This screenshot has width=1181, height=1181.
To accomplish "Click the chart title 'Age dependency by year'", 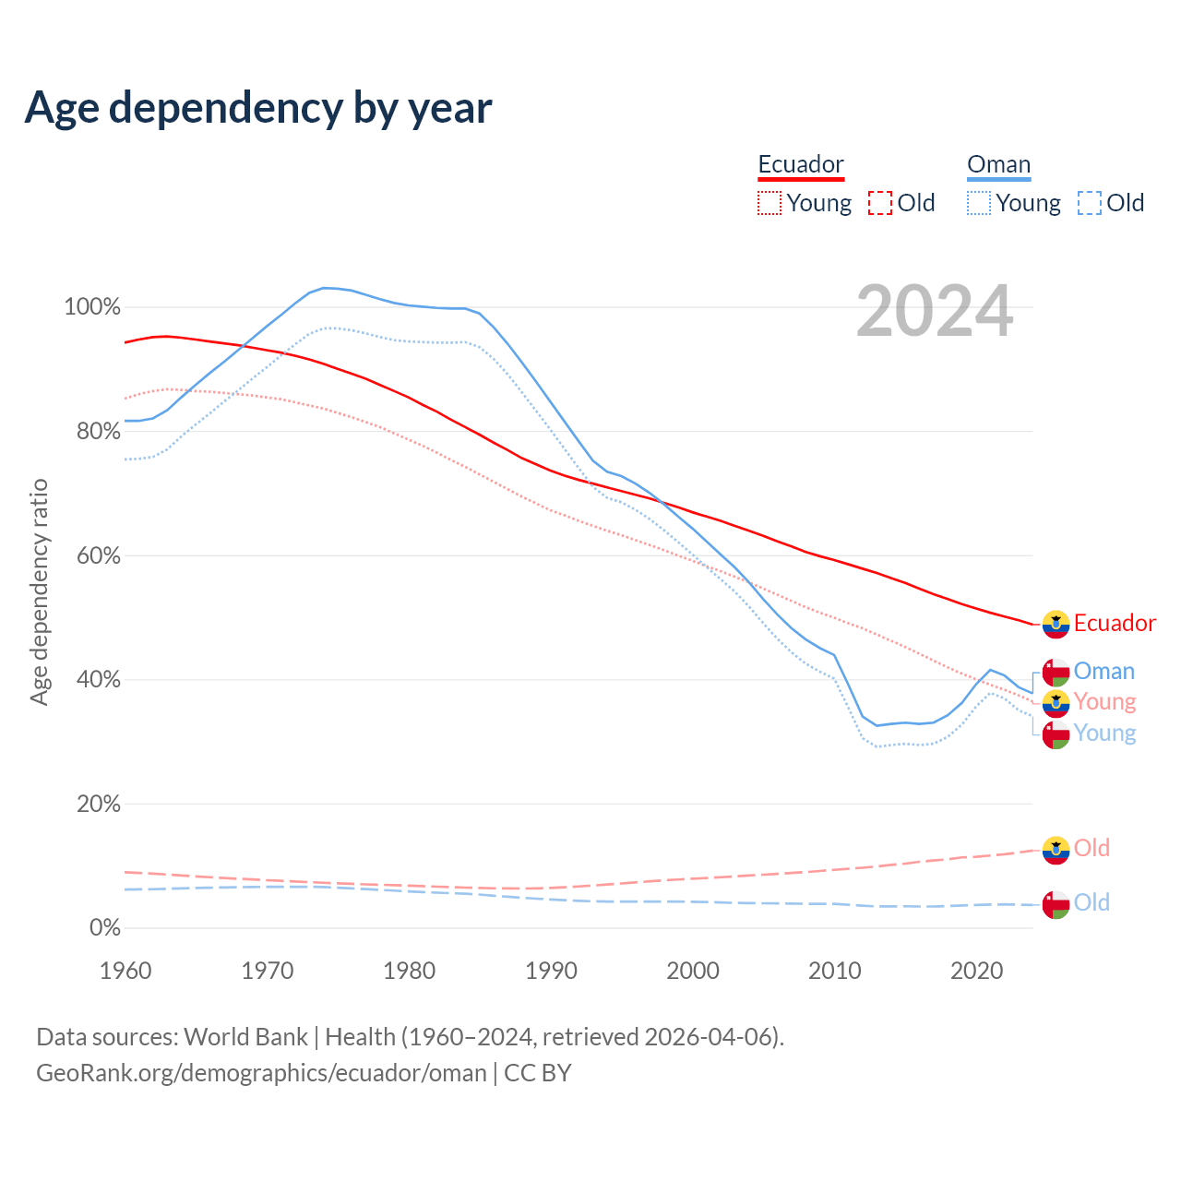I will (258, 108).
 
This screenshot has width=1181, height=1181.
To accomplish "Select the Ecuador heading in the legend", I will (801, 164).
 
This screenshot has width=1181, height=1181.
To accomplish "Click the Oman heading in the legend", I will (998, 164).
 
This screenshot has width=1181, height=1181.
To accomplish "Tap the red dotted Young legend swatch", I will (769, 203).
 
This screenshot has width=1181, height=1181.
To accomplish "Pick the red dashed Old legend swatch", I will (880, 203).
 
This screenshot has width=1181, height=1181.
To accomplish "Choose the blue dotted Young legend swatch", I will (979, 203).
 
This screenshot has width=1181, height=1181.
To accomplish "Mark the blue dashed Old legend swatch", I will (1090, 203).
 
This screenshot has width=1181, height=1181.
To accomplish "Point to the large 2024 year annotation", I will (935, 312).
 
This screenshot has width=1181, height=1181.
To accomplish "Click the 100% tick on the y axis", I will (92, 306).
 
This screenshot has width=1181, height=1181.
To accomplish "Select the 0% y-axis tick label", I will (105, 927).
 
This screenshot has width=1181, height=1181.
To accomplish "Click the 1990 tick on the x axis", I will (551, 971).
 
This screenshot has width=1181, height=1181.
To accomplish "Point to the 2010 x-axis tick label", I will (835, 971).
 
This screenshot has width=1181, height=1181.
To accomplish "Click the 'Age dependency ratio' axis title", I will (39, 592).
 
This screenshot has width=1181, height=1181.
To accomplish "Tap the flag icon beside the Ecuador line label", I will (1056, 625).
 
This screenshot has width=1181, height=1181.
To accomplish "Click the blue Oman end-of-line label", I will (1104, 671).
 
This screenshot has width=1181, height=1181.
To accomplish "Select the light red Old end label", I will (1092, 848).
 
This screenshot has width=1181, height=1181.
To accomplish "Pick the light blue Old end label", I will (1092, 902).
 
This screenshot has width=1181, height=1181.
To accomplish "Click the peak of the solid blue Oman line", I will (325, 288).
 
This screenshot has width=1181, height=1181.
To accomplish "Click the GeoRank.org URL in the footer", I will (261, 1073).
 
